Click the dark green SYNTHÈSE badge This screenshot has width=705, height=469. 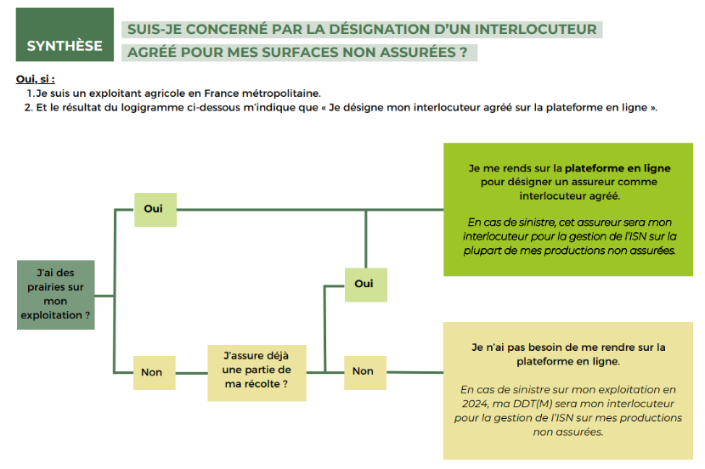(x=65, y=35)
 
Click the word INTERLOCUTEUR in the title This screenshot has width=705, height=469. (x=535, y=29)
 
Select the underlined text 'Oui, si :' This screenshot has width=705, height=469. (x=35, y=79)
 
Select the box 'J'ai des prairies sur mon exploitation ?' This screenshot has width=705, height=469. (x=56, y=295)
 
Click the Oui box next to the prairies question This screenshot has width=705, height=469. (x=155, y=210)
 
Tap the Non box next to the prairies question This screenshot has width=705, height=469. (x=155, y=373)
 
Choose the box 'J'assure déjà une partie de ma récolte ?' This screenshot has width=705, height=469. (x=257, y=373)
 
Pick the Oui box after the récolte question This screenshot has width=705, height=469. (x=365, y=285)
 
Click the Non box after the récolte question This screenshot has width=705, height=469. (x=364, y=372)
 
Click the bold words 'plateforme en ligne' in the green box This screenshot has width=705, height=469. (x=618, y=168)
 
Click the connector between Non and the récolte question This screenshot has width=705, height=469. (x=191, y=373)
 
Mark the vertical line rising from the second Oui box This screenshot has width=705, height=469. (x=365, y=240)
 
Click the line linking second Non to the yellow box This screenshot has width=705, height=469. (x=415, y=372)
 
